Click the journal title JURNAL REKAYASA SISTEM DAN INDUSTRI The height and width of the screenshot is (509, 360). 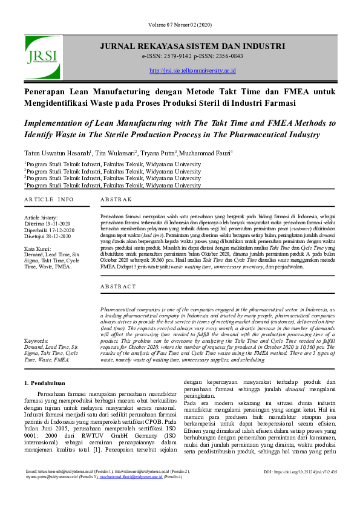point(192,46)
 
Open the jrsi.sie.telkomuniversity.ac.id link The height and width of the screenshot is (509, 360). point(192,71)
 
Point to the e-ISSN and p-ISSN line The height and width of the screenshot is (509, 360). point(192,56)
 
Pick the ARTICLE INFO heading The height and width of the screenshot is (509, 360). point(49,199)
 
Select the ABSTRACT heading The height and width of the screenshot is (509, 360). point(119,287)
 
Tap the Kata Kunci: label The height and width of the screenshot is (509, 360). point(38,249)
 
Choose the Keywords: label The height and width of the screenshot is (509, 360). point(37,342)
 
